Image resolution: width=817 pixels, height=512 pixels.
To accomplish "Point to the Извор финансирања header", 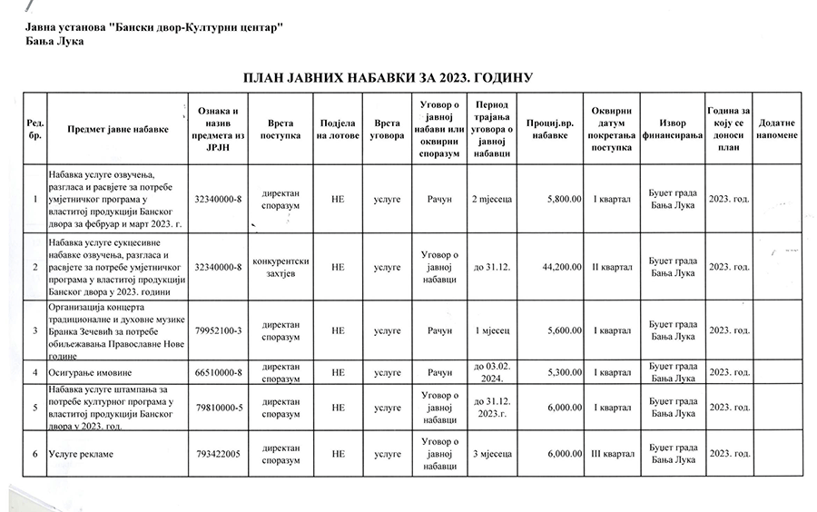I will (x=673, y=129).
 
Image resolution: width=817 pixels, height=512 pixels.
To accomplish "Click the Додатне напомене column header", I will (x=777, y=129).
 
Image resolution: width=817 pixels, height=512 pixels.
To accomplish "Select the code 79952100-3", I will (x=218, y=330).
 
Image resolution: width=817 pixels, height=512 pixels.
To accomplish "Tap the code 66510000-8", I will (x=218, y=372).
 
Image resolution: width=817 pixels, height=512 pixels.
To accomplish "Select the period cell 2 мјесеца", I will (x=493, y=199).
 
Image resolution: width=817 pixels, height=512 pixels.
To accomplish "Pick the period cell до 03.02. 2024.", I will (x=493, y=372).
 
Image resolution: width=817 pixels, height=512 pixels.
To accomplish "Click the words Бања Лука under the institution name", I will (x=54, y=42).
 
